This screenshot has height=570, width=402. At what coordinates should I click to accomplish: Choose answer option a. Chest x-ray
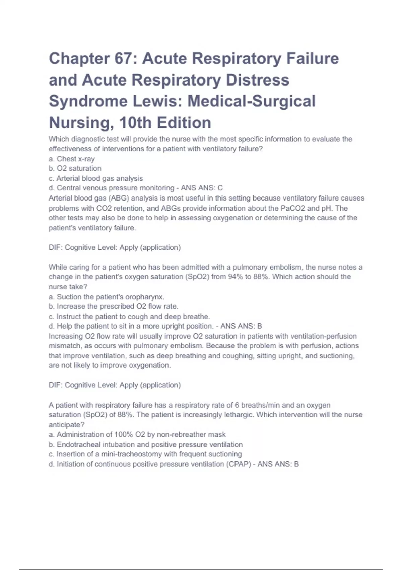point(72,159)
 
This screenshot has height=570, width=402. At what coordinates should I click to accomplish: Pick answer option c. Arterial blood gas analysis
point(96,178)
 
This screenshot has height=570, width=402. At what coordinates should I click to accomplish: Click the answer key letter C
point(220,188)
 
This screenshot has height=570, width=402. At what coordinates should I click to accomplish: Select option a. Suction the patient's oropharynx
point(107,297)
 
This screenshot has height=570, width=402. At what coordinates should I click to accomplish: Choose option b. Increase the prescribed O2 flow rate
point(114,306)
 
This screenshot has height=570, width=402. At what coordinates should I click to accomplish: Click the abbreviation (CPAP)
point(239,464)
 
